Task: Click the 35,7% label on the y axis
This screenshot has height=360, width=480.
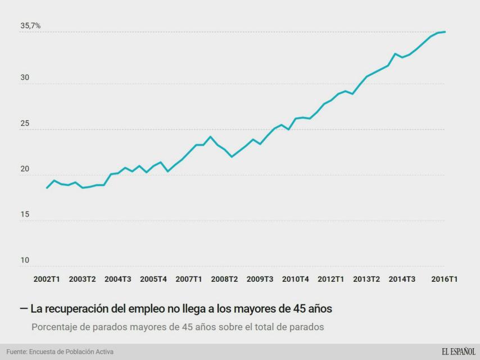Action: coord(30,26)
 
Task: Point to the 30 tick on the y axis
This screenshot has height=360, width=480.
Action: coord(25,78)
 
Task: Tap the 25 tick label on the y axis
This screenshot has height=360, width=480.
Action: coord(25,123)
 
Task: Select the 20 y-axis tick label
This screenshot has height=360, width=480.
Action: coord(25,169)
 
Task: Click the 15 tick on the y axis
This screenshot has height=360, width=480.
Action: coord(25,215)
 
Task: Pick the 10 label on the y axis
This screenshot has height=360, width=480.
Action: coord(25,260)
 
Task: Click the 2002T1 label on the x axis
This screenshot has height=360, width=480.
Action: coord(47,279)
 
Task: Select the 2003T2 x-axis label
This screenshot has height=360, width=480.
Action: coord(82,279)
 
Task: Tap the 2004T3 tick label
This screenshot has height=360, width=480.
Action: coord(118,279)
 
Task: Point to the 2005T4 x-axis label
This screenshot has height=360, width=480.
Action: coord(153,279)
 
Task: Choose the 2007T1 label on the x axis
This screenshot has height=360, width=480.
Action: coord(189,279)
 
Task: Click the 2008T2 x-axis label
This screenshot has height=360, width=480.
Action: coord(224,279)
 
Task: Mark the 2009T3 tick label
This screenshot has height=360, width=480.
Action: coord(260,279)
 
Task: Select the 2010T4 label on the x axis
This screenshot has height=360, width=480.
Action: coord(296,279)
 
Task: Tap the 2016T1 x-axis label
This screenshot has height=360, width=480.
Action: coord(444,279)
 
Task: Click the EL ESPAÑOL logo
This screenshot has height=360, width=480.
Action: coord(458,352)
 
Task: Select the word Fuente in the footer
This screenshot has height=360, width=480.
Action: coord(17,352)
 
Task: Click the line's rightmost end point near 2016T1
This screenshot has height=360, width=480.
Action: coord(445,32)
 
